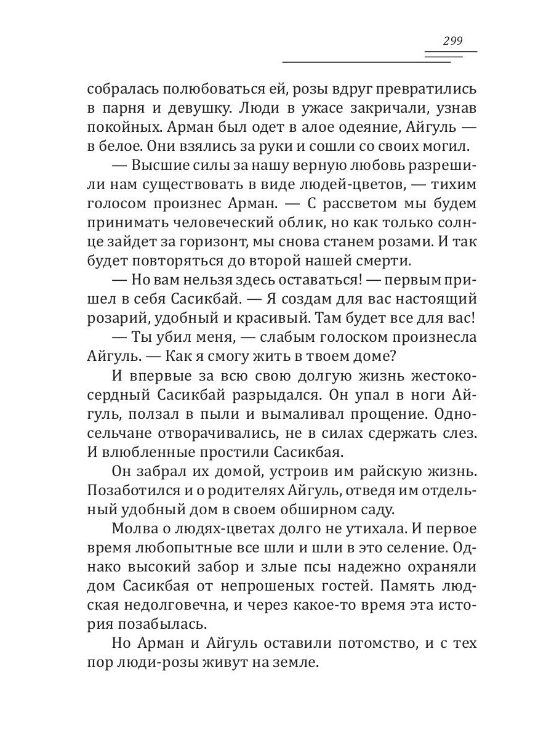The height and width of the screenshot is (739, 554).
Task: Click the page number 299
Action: click(452, 41)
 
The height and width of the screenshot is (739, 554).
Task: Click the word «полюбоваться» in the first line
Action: click(216, 89)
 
